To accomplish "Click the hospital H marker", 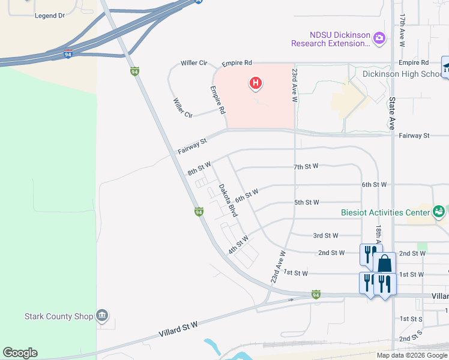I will [256, 83].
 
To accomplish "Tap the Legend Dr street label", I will [50, 16].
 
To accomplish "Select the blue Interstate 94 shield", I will [68, 55].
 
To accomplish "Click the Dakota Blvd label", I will [228, 200].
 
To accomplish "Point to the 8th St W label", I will [199, 168].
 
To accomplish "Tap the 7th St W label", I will [306, 166].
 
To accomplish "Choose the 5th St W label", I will [306, 202].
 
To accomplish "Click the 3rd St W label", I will [326, 236].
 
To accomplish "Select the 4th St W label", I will [238, 245].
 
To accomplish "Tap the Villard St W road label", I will [178, 328].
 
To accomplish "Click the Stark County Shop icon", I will [102, 316].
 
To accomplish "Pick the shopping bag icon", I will [384, 263].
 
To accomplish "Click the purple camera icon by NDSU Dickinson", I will [379, 38].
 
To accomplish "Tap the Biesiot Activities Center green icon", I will [439, 211].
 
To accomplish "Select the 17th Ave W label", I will [402, 32].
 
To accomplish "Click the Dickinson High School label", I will [402, 74].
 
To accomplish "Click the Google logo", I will [20, 353].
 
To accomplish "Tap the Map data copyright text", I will [412, 355].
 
